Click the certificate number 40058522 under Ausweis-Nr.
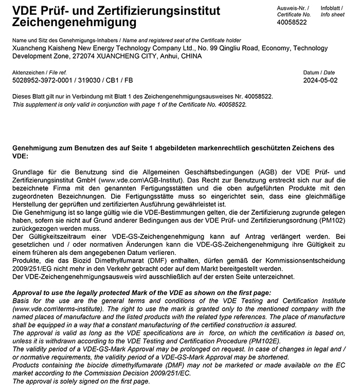pos(292,22)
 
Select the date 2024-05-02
pos(320,81)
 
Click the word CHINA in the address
pos(191,56)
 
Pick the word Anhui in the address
pos(165,56)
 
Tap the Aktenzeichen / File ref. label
pos(39,73)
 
